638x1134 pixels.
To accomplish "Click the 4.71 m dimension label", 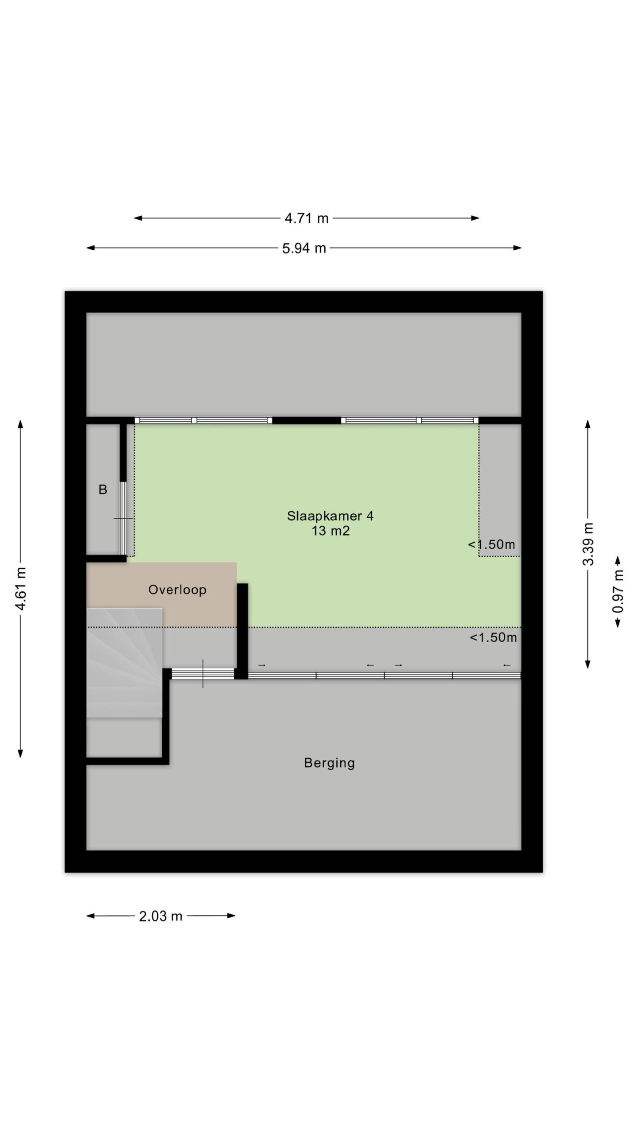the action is pos(307,218).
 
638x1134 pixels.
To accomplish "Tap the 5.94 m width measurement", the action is pos(304,248).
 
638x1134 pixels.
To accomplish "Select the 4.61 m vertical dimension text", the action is pos(21,588).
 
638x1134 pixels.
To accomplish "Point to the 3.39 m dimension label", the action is pos(588,544).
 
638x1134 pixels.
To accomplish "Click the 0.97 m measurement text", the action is pos(618,591).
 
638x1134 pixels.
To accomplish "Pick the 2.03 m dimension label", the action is pos(161,916).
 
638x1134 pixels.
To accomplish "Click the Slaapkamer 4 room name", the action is pos(330,516).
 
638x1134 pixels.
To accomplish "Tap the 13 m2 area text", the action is pos(331,531).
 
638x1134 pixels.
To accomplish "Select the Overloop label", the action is pos(177,590).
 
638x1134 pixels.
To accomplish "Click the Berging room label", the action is pos(329,763).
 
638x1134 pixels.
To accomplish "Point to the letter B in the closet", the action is pos(103,489).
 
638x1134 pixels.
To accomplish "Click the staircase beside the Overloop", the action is pos(124,663).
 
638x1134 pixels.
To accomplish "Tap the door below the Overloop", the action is pos(203,674).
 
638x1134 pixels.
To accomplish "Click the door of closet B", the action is pos(124,518).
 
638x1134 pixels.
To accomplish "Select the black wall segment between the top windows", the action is pos(307,420).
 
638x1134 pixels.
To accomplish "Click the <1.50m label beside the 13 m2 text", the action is pos(492,544).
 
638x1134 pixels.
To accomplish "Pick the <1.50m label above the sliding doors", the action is pos(493,637).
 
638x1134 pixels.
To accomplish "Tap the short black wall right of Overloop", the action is pos(242,631).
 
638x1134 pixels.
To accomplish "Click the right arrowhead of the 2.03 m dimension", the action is pos(231,916).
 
